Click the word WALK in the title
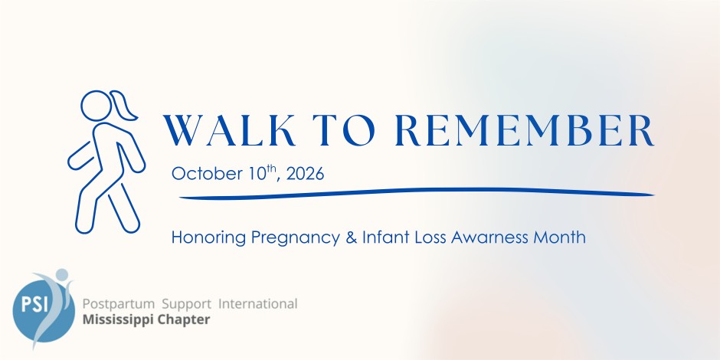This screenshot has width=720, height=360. (x=229, y=130)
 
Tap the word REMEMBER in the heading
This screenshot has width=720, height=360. (x=525, y=130)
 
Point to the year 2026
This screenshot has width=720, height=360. (x=305, y=174)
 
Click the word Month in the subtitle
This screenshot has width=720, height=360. (x=559, y=237)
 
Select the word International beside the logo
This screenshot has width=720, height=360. (x=257, y=303)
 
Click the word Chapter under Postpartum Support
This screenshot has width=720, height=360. (x=184, y=319)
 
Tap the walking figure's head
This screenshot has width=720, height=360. (x=96, y=106)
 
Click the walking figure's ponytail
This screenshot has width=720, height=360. (x=124, y=106)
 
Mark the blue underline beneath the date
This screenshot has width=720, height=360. (x=417, y=193)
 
